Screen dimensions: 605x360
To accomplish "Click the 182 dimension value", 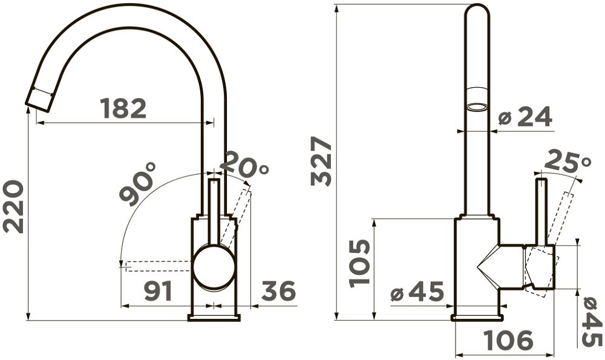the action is click(123, 108).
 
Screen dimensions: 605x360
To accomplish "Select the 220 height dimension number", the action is click(13, 206).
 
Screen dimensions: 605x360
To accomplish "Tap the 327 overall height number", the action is click(321, 162).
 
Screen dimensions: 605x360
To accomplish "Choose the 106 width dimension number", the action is click(509, 340).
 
